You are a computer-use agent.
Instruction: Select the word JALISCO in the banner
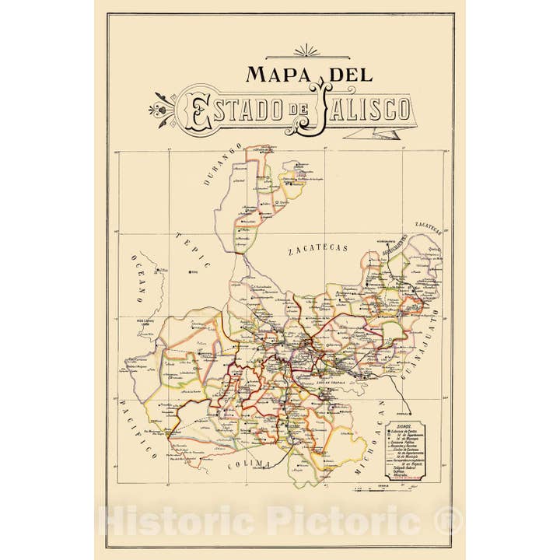[x=364, y=110]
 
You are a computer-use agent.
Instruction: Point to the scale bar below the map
[x=385, y=488]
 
